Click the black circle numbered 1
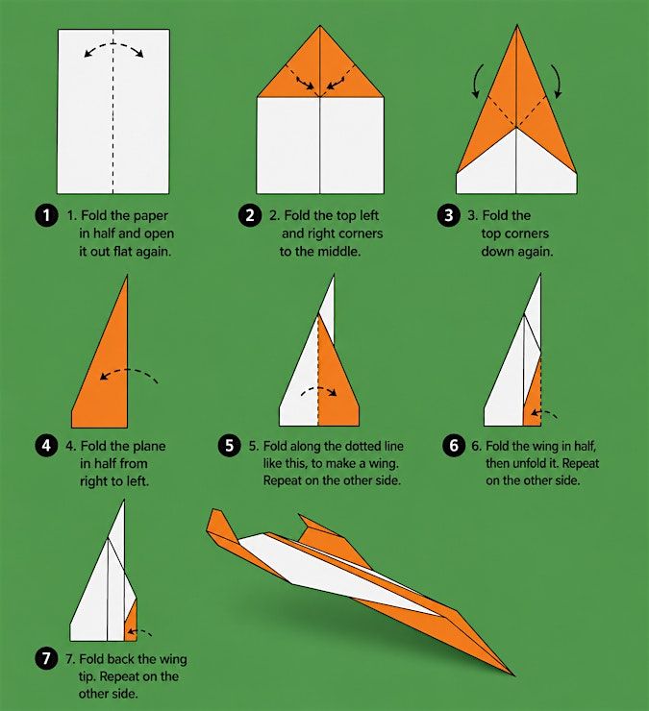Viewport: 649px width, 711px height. [46, 215]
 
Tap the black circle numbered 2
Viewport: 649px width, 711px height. [250, 215]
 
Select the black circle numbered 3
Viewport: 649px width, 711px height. [448, 215]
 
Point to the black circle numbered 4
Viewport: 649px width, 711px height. [46, 446]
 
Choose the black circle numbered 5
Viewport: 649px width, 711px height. [230, 446]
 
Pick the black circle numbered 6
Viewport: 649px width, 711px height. [454, 446]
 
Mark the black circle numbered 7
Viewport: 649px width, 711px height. [46, 658]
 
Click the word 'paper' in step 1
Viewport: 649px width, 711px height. [147, 216]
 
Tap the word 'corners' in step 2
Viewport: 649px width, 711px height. [359, 234]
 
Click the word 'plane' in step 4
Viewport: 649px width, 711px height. [146, 447]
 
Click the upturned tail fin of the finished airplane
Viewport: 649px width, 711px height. [222, 527]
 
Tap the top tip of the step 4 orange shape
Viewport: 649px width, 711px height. [127, 275]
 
